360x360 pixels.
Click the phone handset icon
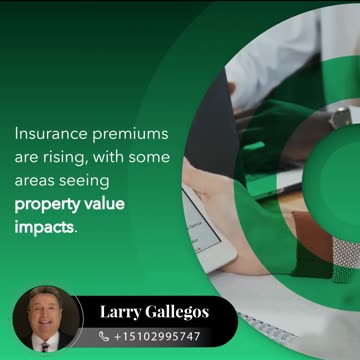point(104,337)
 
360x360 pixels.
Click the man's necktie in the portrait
point(44,345)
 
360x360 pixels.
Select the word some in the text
point(151,158)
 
